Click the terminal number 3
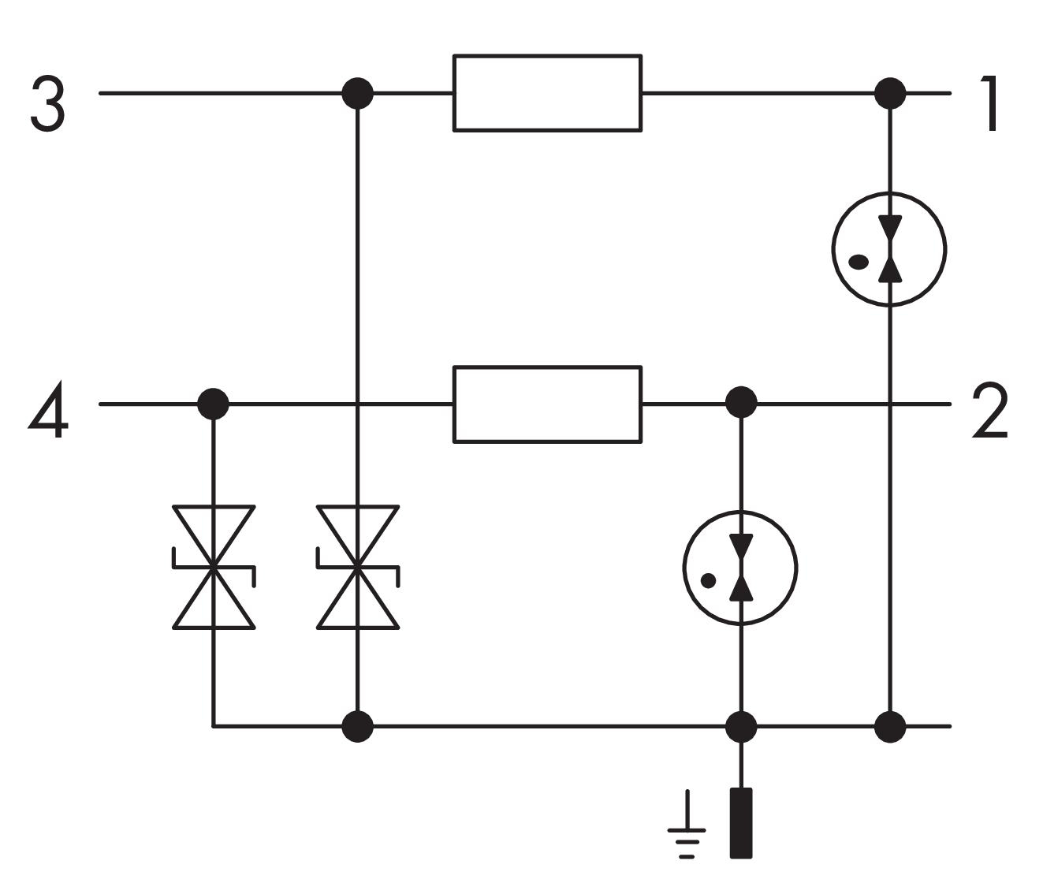[48, 105]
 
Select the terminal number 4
[48, 409]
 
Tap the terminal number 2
[989, 410]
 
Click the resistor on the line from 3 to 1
[547, 93]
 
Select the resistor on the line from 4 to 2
[547, 404]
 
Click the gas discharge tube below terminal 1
[889, 249]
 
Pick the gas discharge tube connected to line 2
[741, 568]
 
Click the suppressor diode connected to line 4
[214, 567]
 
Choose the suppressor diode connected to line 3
[358, 567]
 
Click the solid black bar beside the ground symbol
[741, 823]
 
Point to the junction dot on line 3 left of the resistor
[358, 93]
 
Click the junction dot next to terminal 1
[890, 93]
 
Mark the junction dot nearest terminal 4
[213, 404]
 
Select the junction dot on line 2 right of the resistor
[741, 403]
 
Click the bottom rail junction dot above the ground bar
[741, 727]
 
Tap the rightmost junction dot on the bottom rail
[890, 727]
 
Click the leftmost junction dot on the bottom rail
[358, 727]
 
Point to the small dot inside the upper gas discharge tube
[859, 263]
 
